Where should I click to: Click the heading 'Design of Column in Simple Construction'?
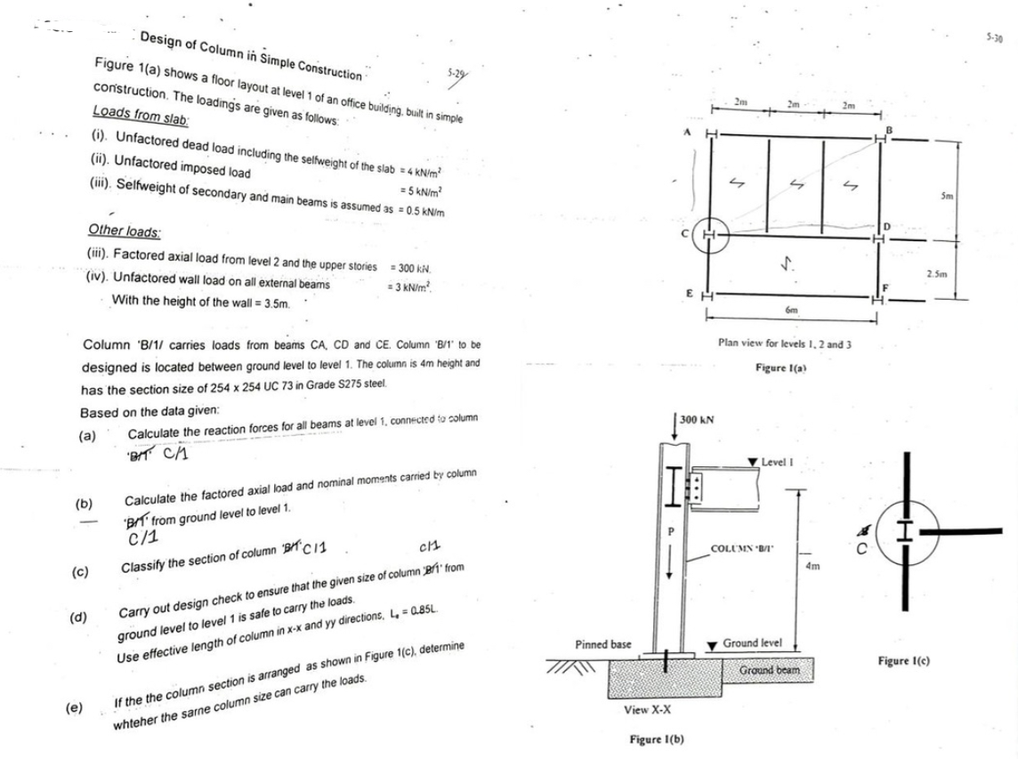(251, 55)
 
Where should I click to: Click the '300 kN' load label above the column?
(697, 419)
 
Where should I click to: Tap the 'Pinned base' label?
(603, 643)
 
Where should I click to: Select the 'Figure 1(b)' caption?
(655, 740)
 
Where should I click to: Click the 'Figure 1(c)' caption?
(904, 663)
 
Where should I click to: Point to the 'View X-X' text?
(648, 710)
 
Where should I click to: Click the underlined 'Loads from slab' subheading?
(123, 117)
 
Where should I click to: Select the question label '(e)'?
(76, 708)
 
